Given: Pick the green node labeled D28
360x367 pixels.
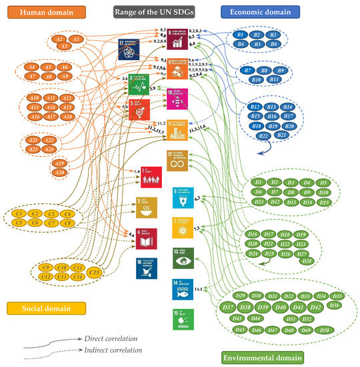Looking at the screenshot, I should [307, 260].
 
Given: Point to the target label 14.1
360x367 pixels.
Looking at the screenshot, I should [197, 288].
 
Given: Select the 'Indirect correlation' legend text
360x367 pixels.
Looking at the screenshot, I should [111, 349].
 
